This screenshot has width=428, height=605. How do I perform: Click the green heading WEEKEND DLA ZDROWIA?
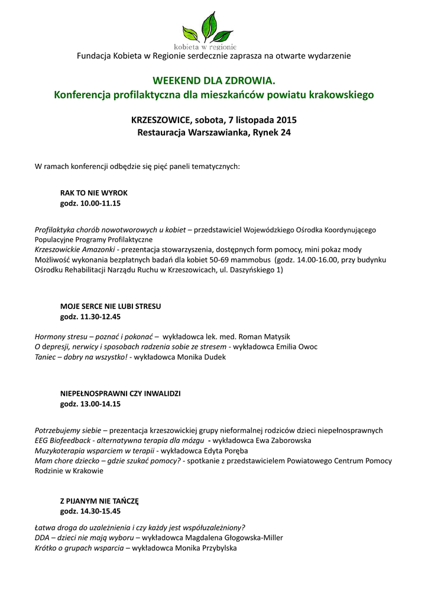(214, 80)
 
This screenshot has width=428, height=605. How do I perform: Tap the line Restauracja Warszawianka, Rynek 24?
(214, 133)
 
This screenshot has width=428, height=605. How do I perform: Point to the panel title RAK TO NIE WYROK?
(94, 193)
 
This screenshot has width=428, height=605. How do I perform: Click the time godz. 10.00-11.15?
(90, 203)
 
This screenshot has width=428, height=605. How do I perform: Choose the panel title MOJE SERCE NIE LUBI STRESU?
(111, 307)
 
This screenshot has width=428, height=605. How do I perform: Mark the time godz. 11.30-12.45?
(90, 317)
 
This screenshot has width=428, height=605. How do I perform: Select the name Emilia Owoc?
(297, 347)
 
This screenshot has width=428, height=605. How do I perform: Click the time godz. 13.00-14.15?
(90, 404)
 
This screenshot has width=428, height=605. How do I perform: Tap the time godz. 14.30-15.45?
(90, 511)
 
